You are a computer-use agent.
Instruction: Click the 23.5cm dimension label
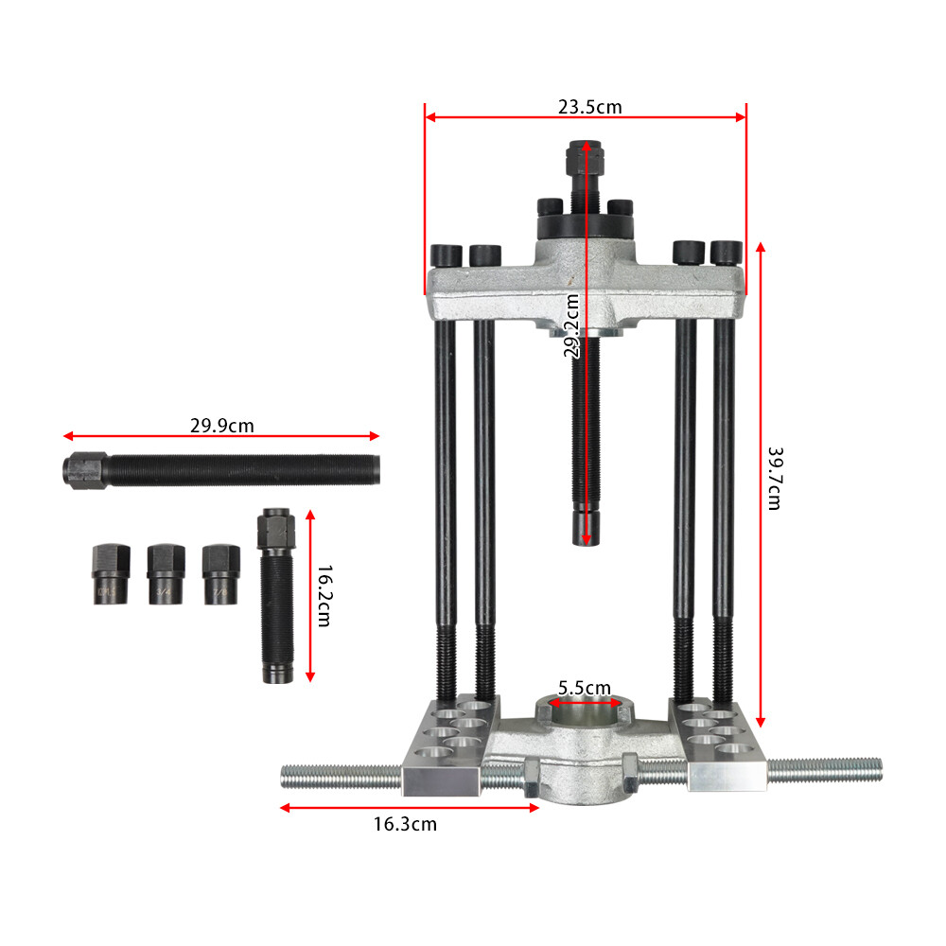pyautogui.click(x=589, y=107)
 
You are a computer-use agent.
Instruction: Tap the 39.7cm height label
pyautogui.click(x=773, y=478)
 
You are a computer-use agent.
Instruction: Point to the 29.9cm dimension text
pyautogui.click(x=221, y=426)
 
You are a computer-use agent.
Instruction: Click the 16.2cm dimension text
pyautogui.click(x=324, y=596)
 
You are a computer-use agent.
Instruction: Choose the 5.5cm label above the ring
pyautogui.click(x=584, y=688)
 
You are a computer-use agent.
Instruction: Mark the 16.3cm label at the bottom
pyautogui.click(x=405, y=824)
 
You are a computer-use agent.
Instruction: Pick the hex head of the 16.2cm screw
pyautogui.click(x=274, y=523)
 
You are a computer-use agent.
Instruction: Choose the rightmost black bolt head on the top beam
pyautogui.click(x=725, y=253)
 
